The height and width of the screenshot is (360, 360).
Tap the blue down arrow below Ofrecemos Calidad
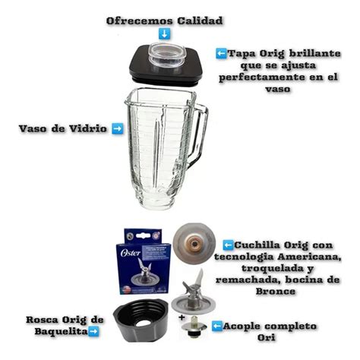[x=164, y=34]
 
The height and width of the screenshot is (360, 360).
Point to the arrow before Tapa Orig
[x=221, y=54]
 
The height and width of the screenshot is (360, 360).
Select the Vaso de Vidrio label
[x=64, y=128]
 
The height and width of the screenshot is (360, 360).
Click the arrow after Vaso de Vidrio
[x=117, y=128]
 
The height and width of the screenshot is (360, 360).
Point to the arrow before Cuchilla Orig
[x=227, y=245]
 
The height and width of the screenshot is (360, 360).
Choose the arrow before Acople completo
[x=218, y=325]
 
